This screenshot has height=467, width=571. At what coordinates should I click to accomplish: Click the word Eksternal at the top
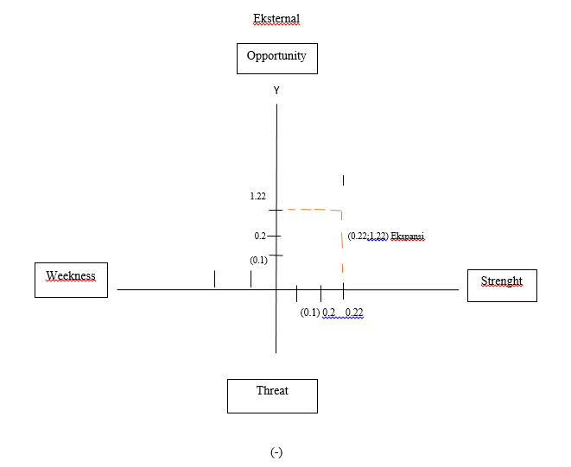[276, 18]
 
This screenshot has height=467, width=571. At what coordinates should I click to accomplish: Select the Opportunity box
[276, 58]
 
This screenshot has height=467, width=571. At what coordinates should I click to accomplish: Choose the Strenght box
[501, 284]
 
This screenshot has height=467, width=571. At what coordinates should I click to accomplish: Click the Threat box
[272, 394]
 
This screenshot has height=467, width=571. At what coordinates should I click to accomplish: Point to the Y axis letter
[276, 90]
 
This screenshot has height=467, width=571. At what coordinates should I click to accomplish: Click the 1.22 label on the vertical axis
[257, 197]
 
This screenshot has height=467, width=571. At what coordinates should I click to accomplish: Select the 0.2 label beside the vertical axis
[260, 236]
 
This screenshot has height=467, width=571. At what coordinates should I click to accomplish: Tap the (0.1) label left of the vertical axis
[258, 260]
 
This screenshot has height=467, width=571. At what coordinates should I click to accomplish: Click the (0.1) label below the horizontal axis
[310, 312]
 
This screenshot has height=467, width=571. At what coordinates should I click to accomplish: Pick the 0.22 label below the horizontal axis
[353, 312]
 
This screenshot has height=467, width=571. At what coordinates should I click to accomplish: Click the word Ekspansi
[408, 236]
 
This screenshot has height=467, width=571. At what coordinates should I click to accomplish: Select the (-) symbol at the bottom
[276, 452]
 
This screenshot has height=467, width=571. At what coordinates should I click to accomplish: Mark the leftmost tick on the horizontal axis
[214, 279]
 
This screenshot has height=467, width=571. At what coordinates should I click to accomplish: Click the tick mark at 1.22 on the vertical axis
[276, 210]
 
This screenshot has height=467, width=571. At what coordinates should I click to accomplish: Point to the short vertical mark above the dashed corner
[344, 180]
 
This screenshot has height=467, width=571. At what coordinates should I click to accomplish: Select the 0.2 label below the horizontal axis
[329, 312]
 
